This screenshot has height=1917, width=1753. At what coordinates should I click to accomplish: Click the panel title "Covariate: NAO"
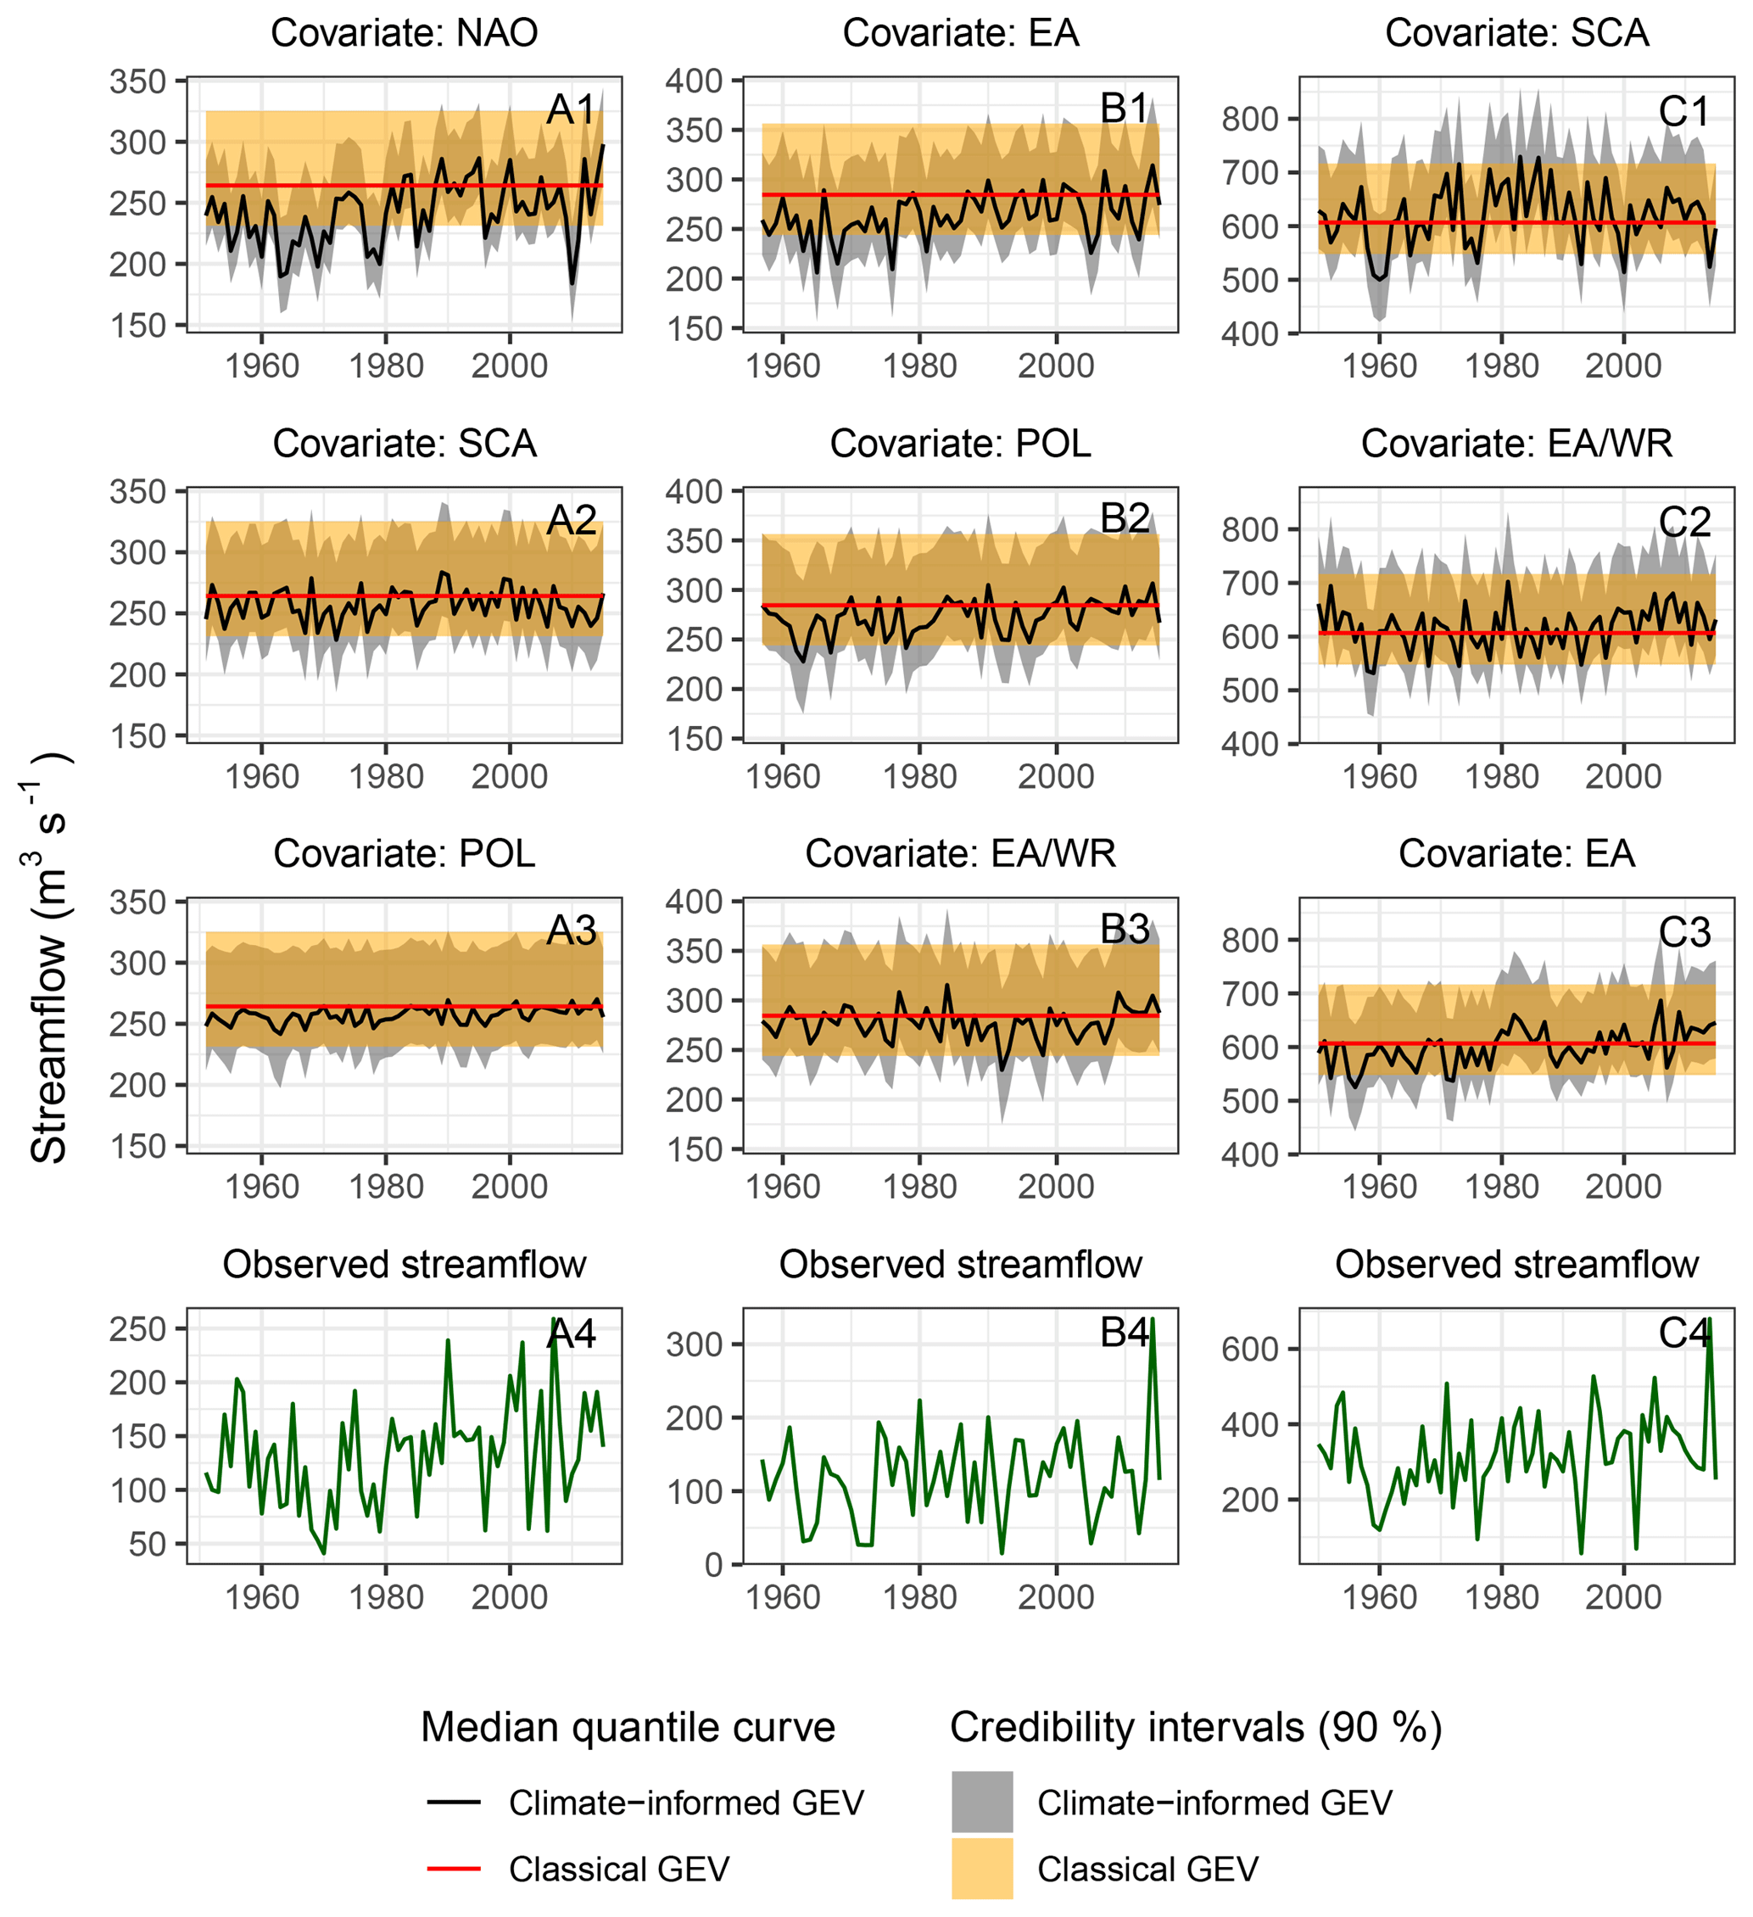pos(404,33)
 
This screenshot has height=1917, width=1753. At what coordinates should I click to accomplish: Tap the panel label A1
pos(572,109)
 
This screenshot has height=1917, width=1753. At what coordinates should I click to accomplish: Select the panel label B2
pos(1125,518)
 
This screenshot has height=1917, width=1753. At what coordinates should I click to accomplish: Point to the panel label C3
pos(1684,932)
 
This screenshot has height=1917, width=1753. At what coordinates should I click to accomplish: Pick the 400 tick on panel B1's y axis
pos(694,81)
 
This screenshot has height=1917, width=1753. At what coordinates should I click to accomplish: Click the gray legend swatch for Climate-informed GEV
pos(982,1802)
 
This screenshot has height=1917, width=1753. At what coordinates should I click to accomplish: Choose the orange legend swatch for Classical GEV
pos(982,1869)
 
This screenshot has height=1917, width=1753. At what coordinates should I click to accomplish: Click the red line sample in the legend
pos(454,1869)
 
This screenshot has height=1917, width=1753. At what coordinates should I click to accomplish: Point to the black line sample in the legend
pos(454,1802)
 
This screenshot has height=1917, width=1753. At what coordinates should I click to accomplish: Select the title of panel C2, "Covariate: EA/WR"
pos(1516,443)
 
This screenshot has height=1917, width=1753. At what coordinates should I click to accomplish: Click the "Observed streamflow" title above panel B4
pos(960,1265)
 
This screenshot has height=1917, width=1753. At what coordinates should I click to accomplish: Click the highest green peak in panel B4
pos(1153,1319)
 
